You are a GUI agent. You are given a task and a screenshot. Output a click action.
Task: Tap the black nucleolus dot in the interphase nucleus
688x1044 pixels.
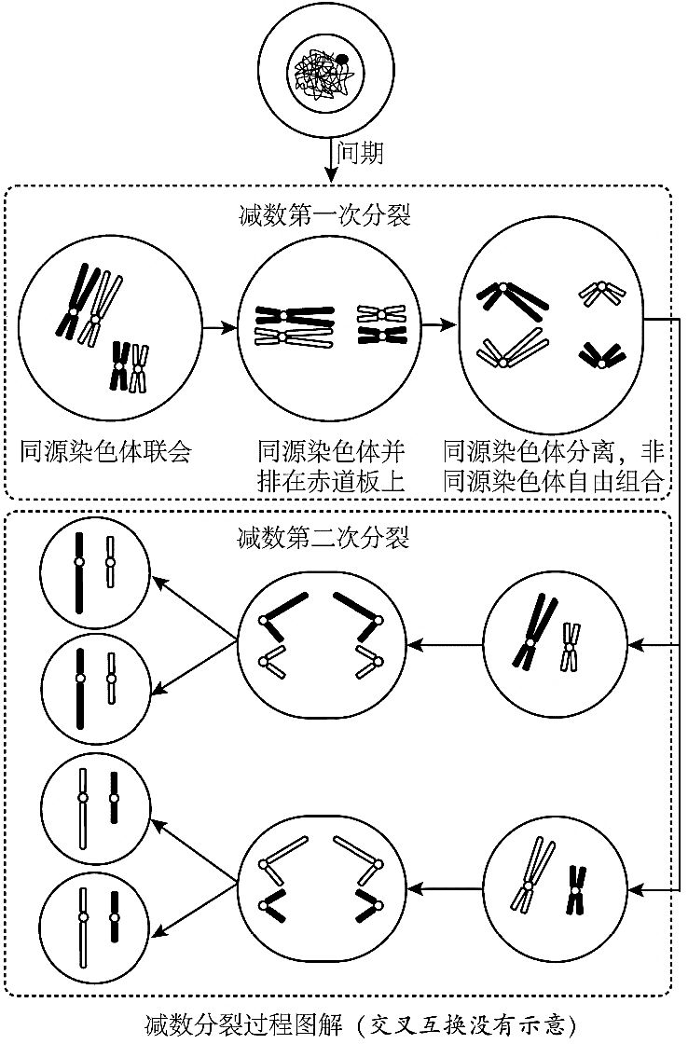pyautogui.click(x=342, y=60)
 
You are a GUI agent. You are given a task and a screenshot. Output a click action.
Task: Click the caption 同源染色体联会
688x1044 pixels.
pyautogui.click(x=105, y=453)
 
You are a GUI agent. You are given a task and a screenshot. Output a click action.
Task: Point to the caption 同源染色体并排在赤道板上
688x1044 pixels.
pyautogui.click(x=332, y=467)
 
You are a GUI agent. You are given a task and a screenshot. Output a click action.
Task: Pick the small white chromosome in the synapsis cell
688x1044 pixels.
pyautogui.click(x=140, y=367)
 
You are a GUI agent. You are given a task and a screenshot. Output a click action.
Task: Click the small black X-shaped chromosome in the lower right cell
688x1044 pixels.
pyautogui.click(x=576, y=889)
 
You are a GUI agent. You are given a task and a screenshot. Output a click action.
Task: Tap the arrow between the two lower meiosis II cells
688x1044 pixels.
pyautogui.click(x=447, y=890)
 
